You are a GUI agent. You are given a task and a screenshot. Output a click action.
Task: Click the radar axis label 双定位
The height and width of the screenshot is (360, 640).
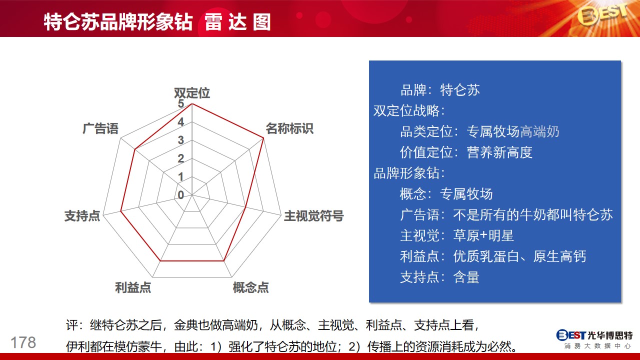click(x=192, y=93)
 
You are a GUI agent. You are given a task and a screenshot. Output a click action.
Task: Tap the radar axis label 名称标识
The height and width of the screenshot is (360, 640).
click(x=289, y=128)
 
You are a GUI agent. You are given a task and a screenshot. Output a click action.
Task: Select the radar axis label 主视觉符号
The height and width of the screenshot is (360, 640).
click(x=313, y=215)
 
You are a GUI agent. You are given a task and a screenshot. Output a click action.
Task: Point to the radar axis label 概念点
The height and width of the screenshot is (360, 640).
click(x=251, y=287)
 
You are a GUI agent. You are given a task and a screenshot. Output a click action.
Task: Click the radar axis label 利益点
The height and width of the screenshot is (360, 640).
click(x=133, y=287)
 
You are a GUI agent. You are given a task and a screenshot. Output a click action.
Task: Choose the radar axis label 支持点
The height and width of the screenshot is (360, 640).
click(x=82, y=215)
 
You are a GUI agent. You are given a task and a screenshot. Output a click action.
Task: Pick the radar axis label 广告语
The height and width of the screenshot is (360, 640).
click(x=100, y=128)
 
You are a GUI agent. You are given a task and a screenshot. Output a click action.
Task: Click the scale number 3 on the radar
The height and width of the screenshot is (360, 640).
click(x=180, y=140)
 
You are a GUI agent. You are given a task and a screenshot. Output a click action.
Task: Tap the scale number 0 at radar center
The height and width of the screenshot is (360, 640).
click(x=180, y=195)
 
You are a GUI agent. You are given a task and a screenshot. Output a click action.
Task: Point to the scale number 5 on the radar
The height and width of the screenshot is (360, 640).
click(x=180, y=103)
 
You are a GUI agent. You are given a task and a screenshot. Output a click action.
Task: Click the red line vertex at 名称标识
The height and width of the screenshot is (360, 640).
click(x=263, y=138)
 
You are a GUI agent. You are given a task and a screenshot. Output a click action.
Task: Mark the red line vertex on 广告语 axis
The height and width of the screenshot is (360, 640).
click(x=135, y=149)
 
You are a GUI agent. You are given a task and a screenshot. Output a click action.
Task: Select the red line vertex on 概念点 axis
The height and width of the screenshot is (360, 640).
click(x=223, y=261)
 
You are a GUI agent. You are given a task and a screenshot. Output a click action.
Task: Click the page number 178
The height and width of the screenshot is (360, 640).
click(x=23, y=342)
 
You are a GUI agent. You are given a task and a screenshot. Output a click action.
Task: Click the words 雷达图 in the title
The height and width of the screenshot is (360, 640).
click(x=237, y=22)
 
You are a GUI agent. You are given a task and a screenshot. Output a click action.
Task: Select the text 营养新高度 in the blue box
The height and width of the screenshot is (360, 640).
click(x=499, y=152)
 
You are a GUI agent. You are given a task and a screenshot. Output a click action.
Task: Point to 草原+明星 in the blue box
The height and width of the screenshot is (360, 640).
click(x=483, y=235)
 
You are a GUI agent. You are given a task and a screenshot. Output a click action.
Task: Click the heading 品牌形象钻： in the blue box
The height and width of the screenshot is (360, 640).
click(x=409, y=173)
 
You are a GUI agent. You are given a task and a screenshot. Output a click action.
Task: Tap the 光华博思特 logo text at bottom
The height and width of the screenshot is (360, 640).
click(x=610, y=335)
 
